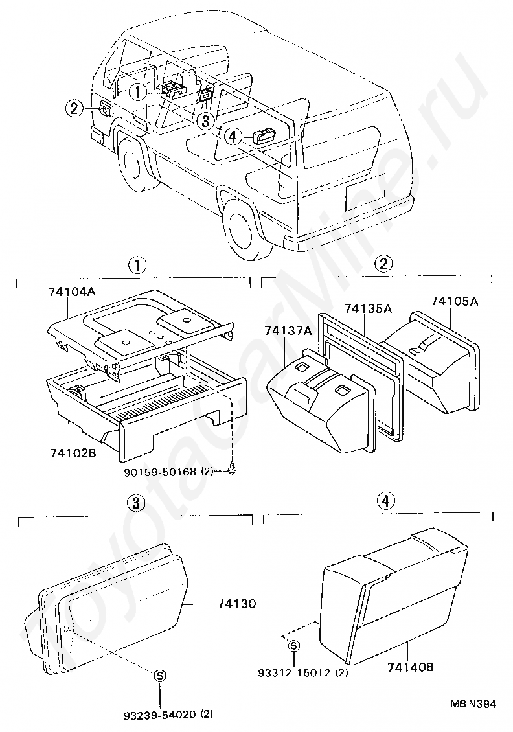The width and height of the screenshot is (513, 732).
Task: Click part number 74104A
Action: pos(71,292)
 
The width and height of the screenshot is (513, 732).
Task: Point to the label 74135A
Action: pos(368,308)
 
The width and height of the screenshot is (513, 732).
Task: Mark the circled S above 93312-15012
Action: pos(294,645)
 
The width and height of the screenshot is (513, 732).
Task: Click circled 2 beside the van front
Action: pos(74,109)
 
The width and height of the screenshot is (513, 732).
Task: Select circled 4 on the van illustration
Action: pos(234,136)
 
